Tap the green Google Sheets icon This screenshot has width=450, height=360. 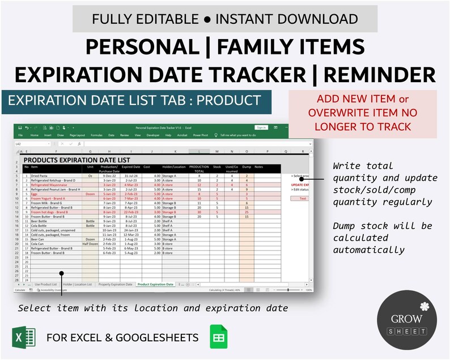218,337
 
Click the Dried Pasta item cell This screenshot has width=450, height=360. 41,176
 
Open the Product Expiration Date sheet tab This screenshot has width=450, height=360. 155,284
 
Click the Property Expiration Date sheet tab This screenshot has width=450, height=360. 115,284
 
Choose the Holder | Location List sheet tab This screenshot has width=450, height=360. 77,284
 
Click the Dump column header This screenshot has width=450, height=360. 247,167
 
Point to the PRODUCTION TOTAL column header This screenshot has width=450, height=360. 199,169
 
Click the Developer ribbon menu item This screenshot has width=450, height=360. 152,135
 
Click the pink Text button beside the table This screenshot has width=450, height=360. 302,198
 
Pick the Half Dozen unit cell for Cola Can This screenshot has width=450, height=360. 90,244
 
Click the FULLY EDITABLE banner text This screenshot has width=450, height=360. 225,19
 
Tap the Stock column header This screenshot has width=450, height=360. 216,167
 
